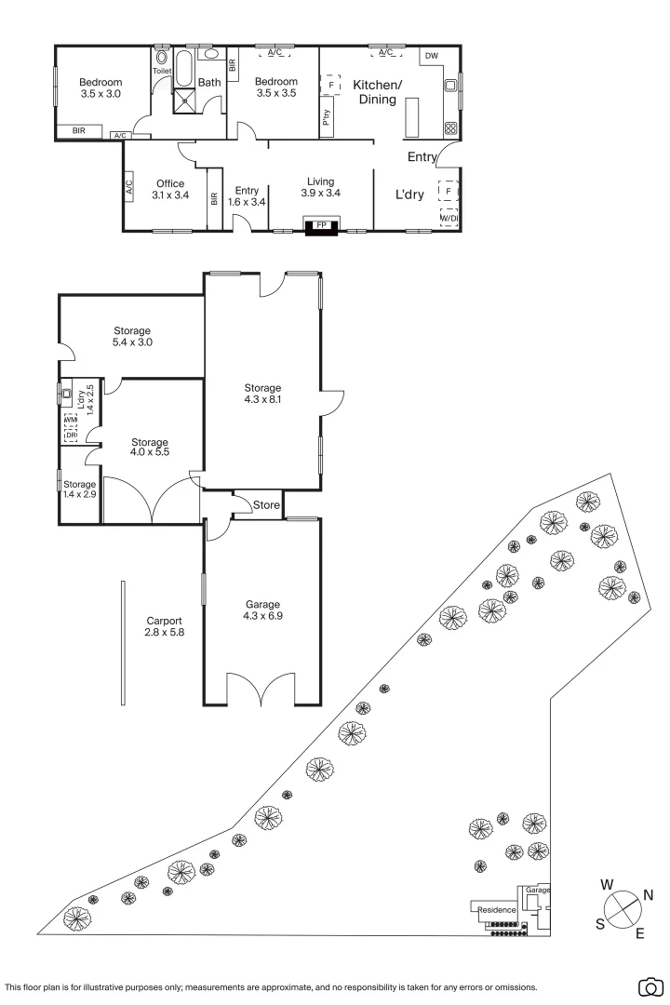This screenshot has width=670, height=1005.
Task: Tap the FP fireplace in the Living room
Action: tap(322, 225)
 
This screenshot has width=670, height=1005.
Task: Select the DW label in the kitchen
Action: tap(431, 56)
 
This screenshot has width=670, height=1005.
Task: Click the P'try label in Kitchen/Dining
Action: tap(327, 119)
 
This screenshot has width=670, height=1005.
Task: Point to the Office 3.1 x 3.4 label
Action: tap(169, 189)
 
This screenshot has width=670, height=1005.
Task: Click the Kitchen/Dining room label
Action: tap(377, 91)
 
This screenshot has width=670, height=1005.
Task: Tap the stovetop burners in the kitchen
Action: tap(451, 127)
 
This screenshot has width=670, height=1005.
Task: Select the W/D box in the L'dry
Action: tap(449, 219)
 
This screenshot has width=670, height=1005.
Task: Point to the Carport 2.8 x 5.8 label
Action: tap(164, 626)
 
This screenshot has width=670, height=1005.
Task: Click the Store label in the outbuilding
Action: tap(267, 505)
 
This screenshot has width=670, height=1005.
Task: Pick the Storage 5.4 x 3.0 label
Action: tap(132, 336)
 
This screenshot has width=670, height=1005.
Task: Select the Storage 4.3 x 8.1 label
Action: tap(262, 394)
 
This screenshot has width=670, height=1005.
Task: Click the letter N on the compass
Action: tap(649, 895)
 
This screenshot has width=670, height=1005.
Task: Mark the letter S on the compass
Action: tap(600, 924)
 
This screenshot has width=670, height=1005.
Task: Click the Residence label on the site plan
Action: tap(496, 909)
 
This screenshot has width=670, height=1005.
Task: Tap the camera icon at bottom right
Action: tap(652, 986)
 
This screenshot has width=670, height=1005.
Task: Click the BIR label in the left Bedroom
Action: tap(79, 131)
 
